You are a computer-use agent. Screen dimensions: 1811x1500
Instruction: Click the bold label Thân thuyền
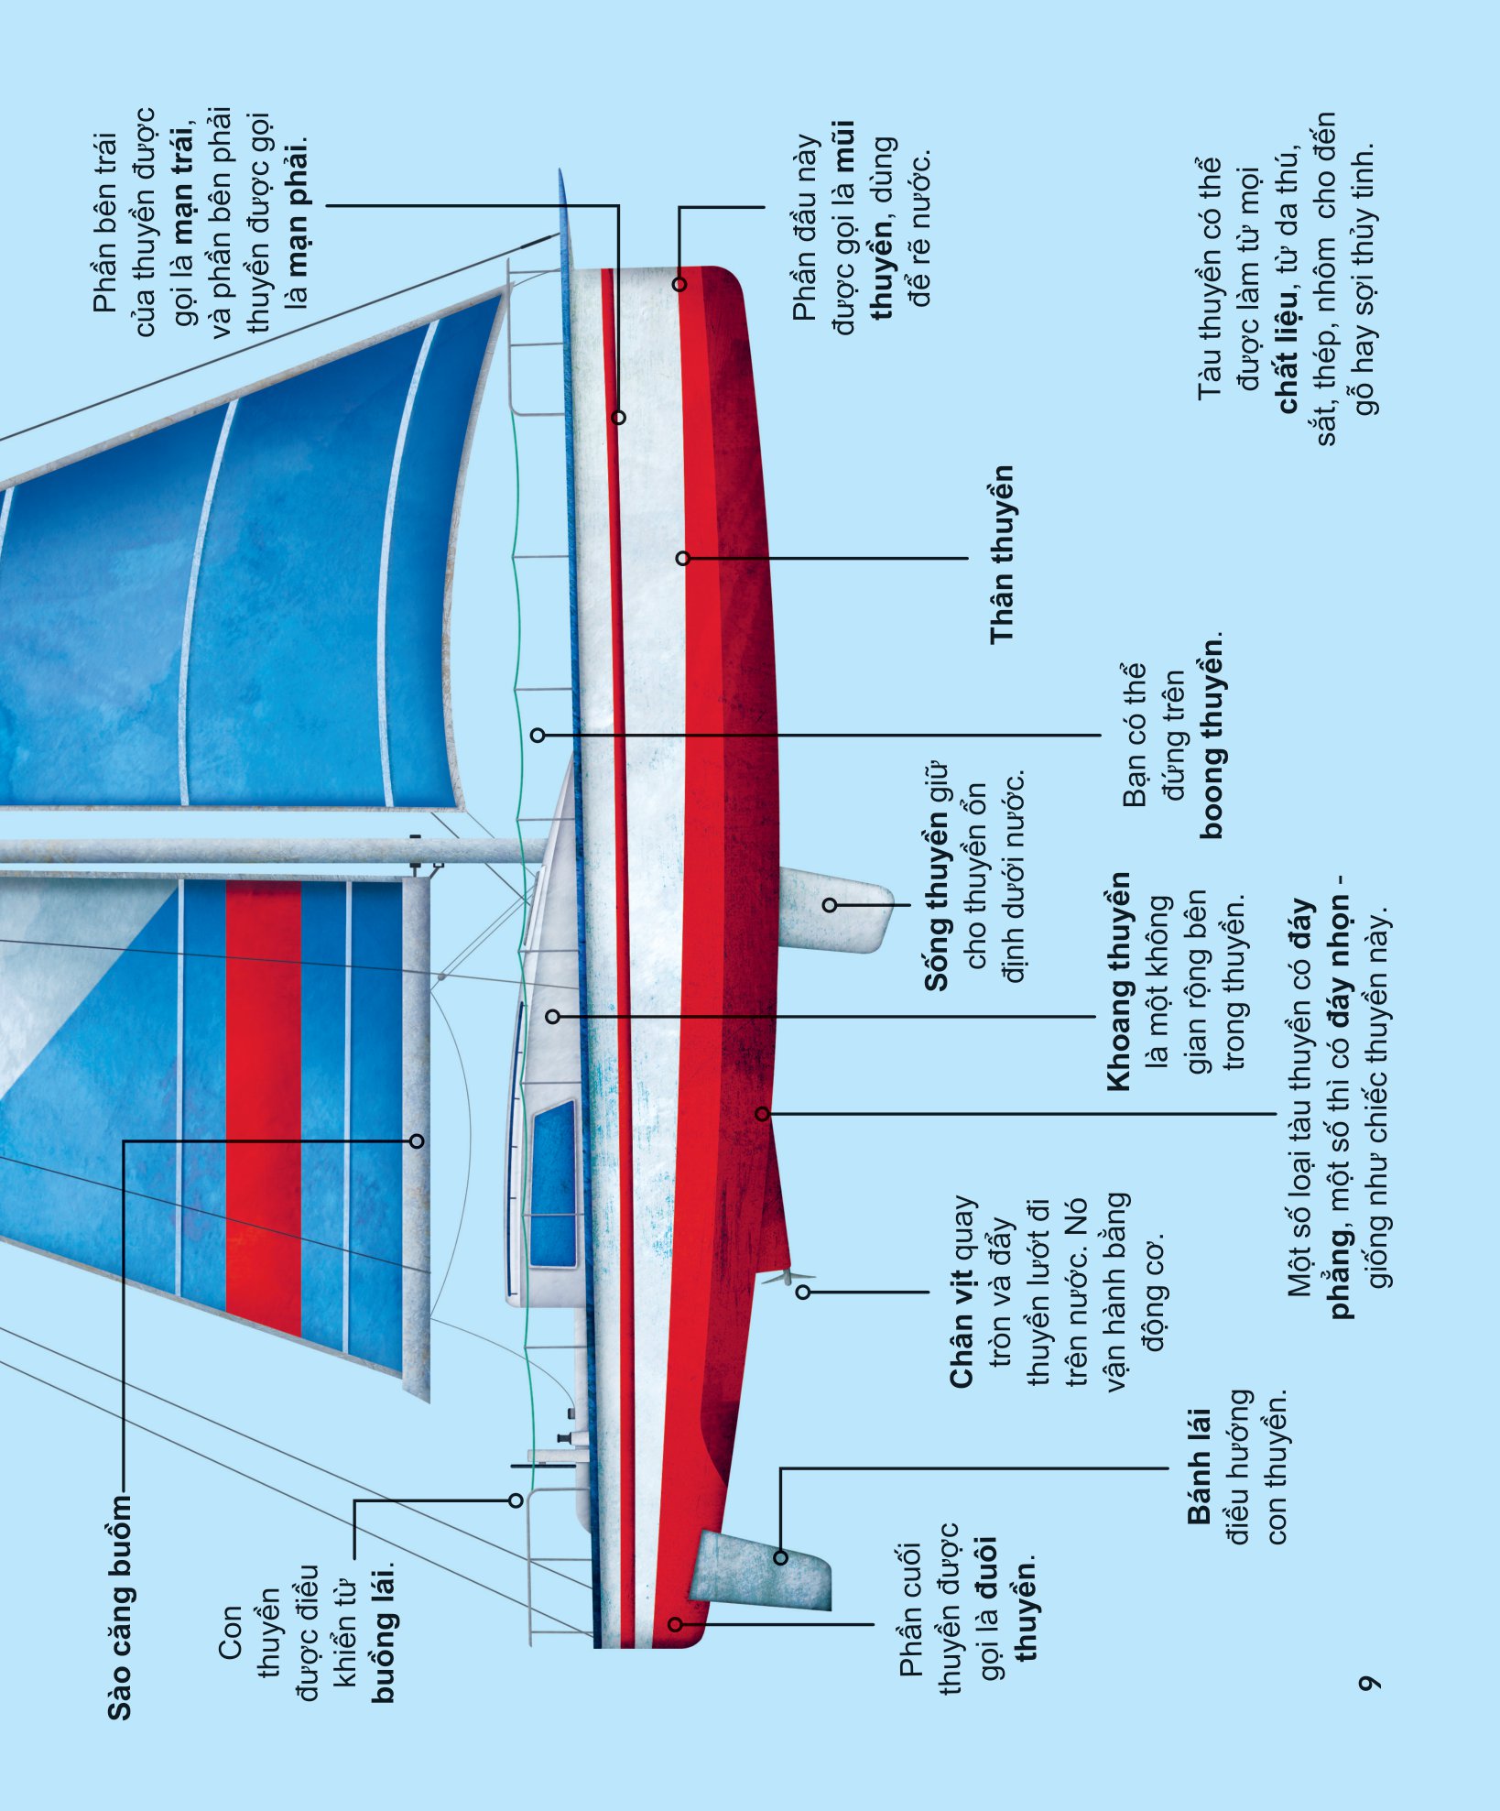coord(1002,554)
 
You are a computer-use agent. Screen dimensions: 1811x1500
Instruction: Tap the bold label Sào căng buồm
coord(119,1608)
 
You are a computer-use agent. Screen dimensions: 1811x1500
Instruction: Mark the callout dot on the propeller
coord(803,1293)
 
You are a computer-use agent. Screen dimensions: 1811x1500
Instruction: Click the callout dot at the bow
coord(679,284)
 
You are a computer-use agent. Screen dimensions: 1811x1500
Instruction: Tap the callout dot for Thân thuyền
coord(682,558)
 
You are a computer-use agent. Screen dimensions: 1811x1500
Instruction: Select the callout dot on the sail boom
coord(417,1140)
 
